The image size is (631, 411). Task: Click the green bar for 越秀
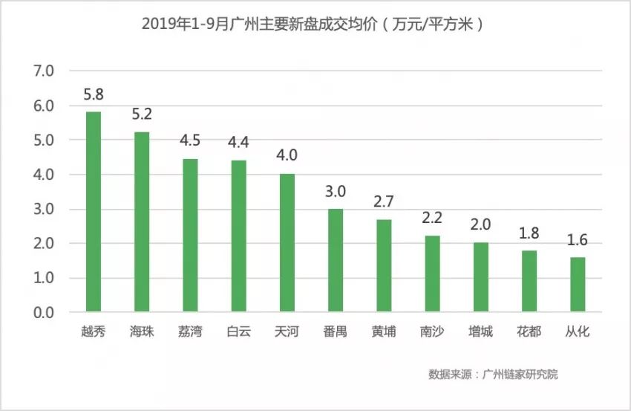tap(94, 212)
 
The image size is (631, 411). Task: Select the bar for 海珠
tap(141, 222)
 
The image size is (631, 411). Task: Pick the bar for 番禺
tap(336, 260)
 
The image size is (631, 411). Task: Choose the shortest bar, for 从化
tap(578, 285)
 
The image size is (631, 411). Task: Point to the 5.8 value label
tap(94, 95)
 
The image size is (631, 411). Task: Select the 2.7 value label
tap(384, 202)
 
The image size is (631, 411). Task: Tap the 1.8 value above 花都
tap(529, 233)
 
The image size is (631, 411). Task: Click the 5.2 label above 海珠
tap(141, 115)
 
